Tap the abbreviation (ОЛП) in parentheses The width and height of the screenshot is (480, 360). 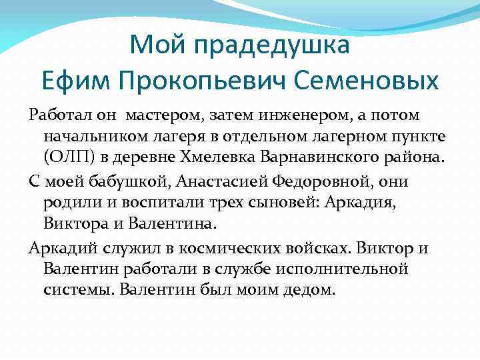(x=66, y=159)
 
